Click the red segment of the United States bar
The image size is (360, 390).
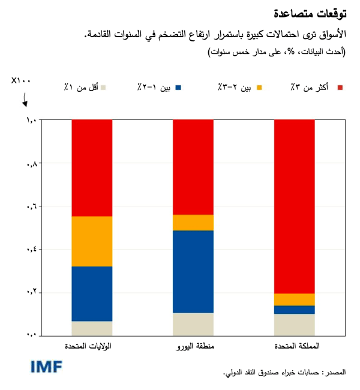coord(92,168)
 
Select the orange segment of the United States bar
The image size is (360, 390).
coord(92,241)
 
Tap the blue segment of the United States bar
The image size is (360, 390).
coord(92,293)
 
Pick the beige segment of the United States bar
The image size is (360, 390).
coord(92,328)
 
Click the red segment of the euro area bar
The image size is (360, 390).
coord(193,167)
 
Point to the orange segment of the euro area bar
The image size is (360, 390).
coord(193,223)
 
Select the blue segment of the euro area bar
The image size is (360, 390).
coord(193,271)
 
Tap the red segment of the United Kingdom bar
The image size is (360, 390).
coord(294,206)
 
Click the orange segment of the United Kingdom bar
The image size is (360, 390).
coord(294,299)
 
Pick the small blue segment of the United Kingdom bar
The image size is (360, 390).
coord(294,310)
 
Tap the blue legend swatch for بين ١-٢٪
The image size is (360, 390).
coord(178,88)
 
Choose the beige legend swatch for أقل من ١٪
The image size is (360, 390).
coord(103,88)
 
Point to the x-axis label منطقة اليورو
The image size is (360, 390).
coord(193,347)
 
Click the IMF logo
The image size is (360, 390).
coord(47,367)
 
